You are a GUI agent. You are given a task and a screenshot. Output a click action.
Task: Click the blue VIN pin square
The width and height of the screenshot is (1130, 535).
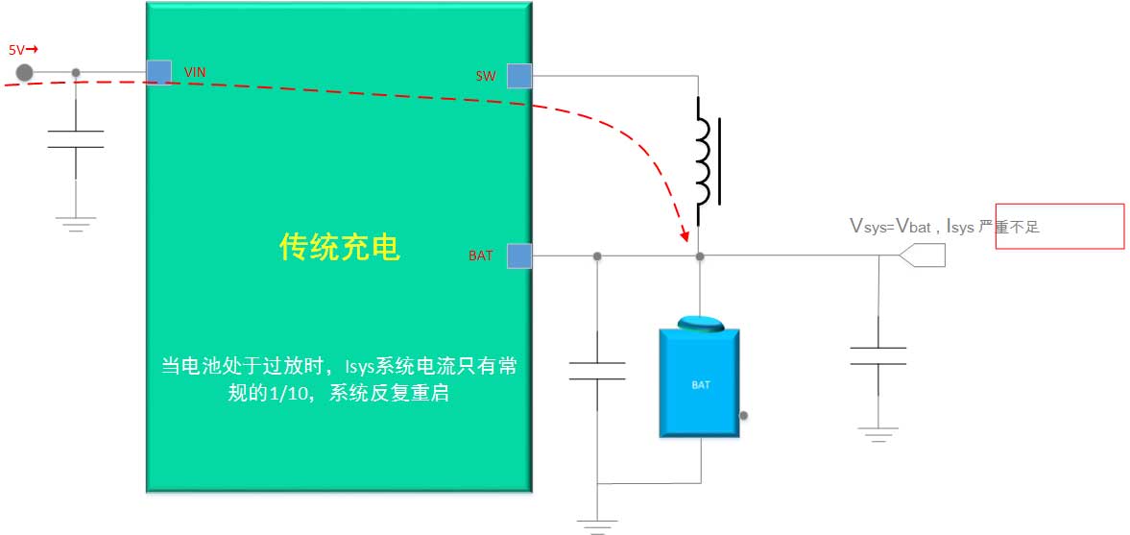tap(159, 72)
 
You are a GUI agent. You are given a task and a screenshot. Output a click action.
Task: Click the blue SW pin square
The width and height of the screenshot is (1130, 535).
tap(519, 75)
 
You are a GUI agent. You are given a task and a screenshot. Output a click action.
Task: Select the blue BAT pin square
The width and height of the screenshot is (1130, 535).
tap(519, 255)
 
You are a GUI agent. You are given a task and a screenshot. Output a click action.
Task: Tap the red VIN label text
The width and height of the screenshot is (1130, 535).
tap(195, 72)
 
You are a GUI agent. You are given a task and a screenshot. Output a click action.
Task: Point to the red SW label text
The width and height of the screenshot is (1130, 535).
tap(486, 75)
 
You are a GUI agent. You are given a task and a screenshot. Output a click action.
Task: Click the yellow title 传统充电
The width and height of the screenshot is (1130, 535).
tap(339, 249)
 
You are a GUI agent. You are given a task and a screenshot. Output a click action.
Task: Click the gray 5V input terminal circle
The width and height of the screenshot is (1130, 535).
tap(25, 72)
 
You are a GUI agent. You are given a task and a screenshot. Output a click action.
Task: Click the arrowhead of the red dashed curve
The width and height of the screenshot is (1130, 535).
tap(685, 233)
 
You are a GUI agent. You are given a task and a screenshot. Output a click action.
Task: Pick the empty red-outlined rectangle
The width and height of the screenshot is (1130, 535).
tap(1059, 227)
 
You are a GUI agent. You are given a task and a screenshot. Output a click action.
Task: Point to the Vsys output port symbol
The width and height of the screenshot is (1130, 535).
tap(923, 255)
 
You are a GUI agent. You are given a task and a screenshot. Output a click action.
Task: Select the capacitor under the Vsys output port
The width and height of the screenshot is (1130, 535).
tap(878, 356)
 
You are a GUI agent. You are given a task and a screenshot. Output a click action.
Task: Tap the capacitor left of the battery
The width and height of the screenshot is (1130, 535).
tap(597, 371)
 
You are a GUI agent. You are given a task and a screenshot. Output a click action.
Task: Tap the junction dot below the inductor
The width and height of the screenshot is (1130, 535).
tap(700, 256)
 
